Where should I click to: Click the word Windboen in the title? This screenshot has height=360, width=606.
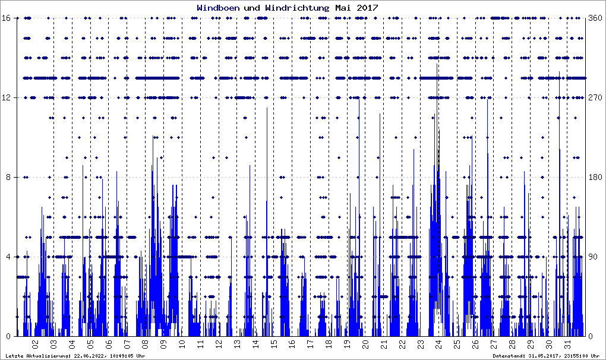(218, 8)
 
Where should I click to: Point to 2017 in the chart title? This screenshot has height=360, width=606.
(366, 8)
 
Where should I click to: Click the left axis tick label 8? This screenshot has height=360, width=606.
(9, 178)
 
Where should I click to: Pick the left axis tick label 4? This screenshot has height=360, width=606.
(9, 257)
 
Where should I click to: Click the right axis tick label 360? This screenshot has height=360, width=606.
(595, 18)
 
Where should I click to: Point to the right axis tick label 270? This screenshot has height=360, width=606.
(595, 98)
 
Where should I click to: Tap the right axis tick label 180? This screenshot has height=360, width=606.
(595, 178)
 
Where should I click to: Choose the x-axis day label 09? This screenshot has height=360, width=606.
(163, 344)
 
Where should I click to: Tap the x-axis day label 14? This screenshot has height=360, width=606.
(255, 344)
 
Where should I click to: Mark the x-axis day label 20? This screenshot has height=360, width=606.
(365, 344)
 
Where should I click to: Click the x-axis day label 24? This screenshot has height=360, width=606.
(438, 344)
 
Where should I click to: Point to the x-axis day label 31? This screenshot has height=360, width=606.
(567, 344)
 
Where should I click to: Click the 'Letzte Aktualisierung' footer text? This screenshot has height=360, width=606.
(74, 356)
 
